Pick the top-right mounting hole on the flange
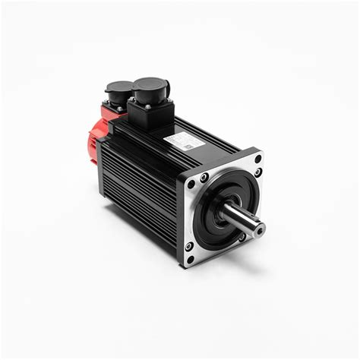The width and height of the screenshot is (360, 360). point(258,159)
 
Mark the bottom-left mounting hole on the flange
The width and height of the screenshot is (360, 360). point(190,258)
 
